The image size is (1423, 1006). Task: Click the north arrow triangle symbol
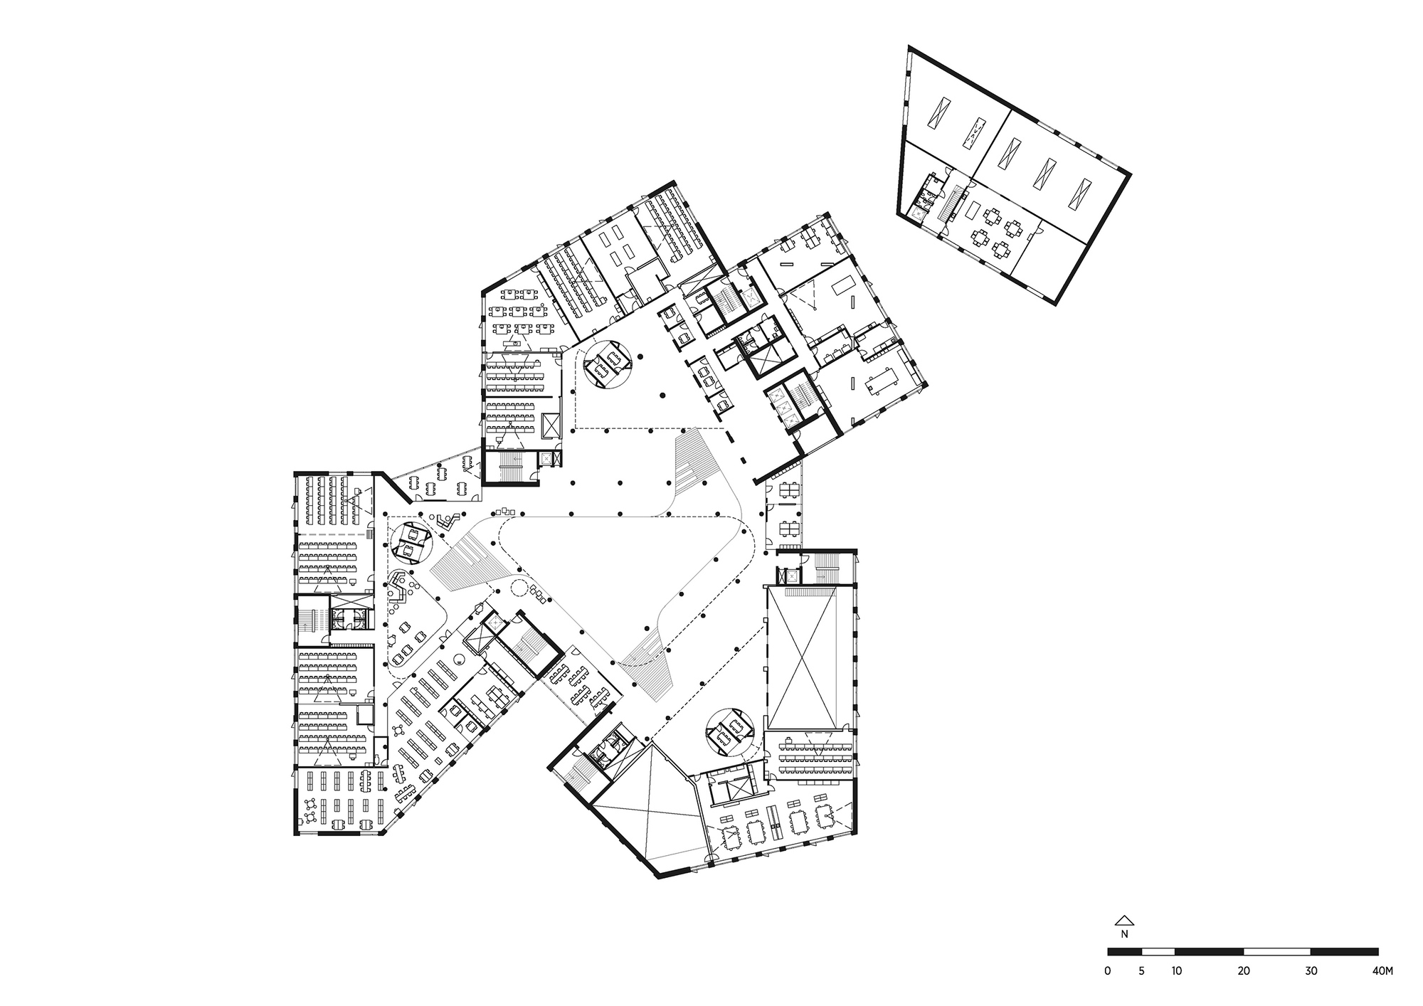click(1124, 919)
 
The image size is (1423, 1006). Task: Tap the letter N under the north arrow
click(1124, 934)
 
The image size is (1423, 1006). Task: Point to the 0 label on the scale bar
click(1108, 970)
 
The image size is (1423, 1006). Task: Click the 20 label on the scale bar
click(1243, 970)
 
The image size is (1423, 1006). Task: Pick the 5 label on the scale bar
click(1141, 970)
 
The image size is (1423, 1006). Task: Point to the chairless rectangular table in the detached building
click(973, 209)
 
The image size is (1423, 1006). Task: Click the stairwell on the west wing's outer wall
click(311, 619)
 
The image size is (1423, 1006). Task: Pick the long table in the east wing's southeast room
click(881, 380)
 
